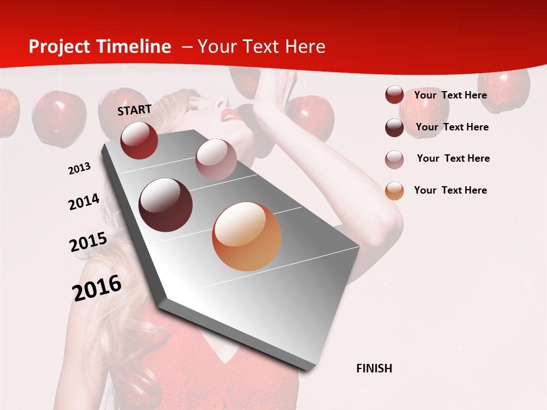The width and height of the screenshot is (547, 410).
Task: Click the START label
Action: (134, 110)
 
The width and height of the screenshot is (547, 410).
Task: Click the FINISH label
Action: (374, 368)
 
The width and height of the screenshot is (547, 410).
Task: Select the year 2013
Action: (80, 169)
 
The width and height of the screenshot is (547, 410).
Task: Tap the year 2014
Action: (84, 202)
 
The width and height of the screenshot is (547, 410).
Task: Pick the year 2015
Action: (88, 242)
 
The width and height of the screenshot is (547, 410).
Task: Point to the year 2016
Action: (97, 288)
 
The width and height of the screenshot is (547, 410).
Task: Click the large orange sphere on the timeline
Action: (247, 236)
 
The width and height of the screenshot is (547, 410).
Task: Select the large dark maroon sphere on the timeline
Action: (165, 205)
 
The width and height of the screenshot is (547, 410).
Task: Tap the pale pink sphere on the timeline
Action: (216, 159)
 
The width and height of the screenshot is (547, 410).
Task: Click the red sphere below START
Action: (139, 140)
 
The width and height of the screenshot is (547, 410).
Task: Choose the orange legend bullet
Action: (394, 191)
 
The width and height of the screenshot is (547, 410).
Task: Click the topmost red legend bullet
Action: (394, 95)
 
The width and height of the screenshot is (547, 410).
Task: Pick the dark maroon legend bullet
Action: (394, 128)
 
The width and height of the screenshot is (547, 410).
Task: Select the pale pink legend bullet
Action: (394, 159)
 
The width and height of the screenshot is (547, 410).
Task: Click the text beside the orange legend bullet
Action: (450, 190)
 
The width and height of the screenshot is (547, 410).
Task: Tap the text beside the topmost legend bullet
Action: (450, 95)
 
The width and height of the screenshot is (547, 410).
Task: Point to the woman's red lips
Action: (230, 116)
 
